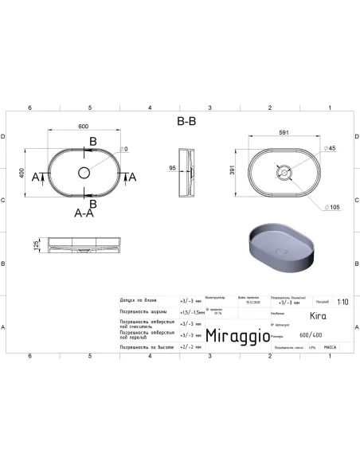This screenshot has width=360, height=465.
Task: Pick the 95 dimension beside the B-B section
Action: pyautogui.click(x=174, y=169)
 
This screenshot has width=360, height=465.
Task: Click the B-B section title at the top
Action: pyautogui.click(x=186, y=122)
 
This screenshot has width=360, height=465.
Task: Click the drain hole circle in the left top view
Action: pyautogui.click(x=84, y=173)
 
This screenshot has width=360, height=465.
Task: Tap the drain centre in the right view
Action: pyautogui.click(x=282, y=173)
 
